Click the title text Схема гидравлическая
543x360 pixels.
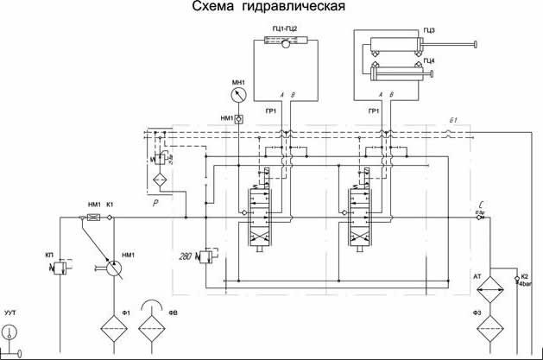271,8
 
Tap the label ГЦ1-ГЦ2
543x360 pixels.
284,29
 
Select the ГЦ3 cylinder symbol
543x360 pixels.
401,44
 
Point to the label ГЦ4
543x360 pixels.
429,60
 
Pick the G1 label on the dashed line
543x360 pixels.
452,122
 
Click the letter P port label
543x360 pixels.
155,204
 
